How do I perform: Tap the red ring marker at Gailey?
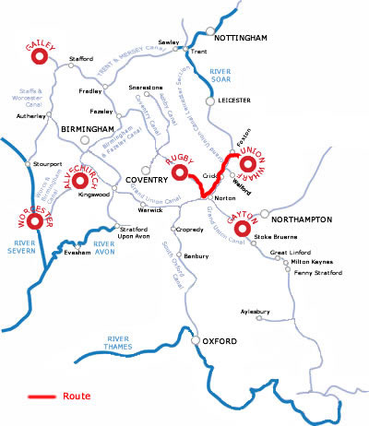tap(41, 56)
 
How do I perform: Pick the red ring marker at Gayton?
tap(243, 228)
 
